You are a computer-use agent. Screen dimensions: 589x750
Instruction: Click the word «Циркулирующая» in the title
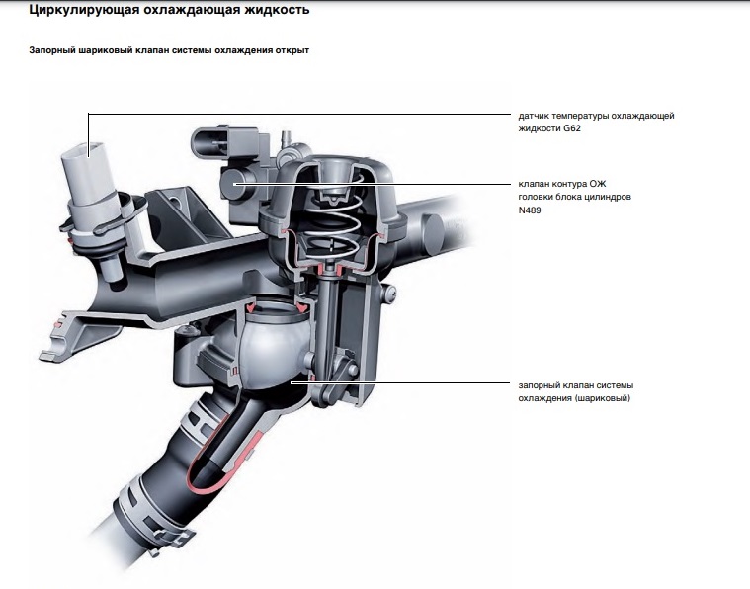80,11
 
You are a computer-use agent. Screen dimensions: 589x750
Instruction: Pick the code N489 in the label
532,210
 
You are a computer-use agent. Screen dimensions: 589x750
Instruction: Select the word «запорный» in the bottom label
540,384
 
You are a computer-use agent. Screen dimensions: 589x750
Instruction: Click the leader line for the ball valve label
405,382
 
